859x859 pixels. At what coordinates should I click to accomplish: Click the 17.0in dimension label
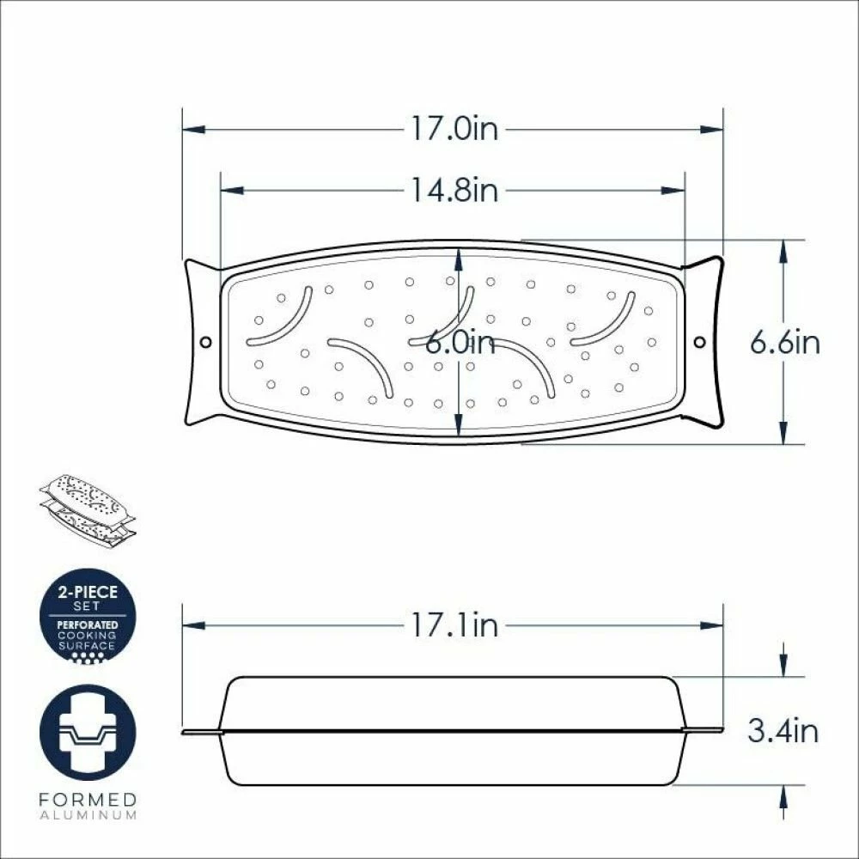click(454, 130)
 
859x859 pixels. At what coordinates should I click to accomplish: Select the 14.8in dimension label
click(454, 190)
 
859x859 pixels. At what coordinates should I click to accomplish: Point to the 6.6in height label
click(784, 343)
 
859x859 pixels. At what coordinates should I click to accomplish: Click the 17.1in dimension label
click(454, 625)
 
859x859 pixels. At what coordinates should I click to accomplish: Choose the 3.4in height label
click(783, 730)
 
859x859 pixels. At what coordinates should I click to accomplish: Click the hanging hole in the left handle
click(206, 343)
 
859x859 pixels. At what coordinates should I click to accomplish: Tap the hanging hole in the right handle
click(700, 343)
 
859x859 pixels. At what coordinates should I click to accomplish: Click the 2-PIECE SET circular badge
click(88, 616)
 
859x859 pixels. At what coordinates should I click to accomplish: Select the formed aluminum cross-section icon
click(88, 733)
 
